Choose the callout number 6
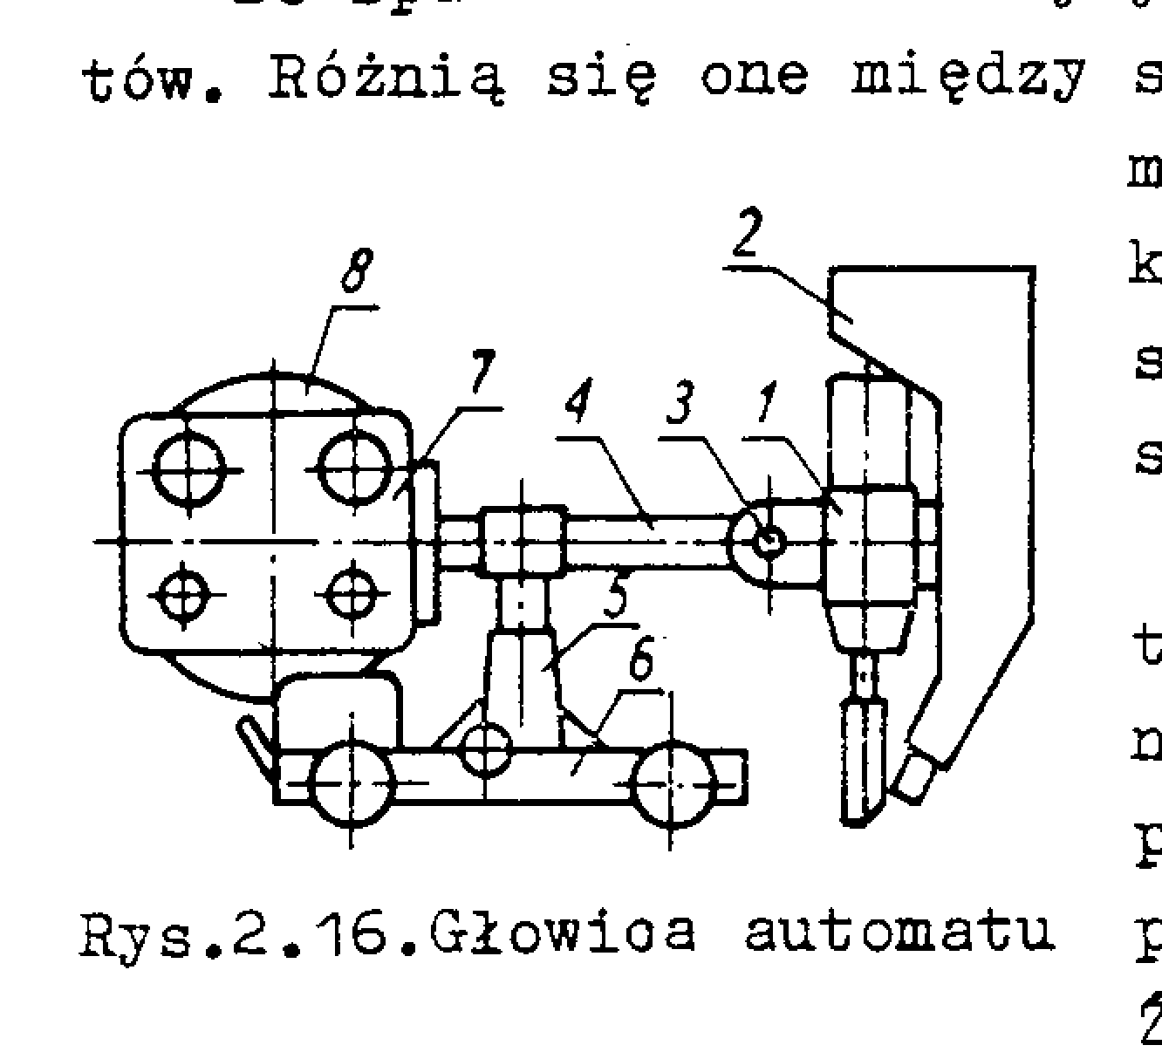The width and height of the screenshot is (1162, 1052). pyautogui.click(x=641, y=661)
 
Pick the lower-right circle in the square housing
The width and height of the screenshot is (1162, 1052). pyautogui.click(x=351, y=595)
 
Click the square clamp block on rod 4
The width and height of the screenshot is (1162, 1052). pyautogui.click(x=522, y=542)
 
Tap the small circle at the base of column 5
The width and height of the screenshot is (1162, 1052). pyautogui.click(x=486, y=748)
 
